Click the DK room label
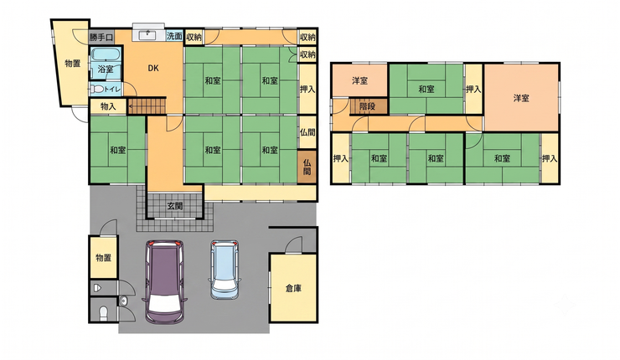tap(153, 68)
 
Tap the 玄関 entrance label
tap(175, 206)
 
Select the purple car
tap(164, 281)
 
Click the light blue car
tap(225, 269)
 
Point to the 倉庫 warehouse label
tap(293, 289)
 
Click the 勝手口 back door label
tap(101, 38)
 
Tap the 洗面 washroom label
tap(174, 36)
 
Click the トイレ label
tap(112, 90)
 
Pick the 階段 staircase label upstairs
tap(367, 106)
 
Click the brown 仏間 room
tap(307, 167)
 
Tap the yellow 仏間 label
tap(307, 132)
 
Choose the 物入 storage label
tap(108, 106)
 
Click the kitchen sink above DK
tap(149, 35)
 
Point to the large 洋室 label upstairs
tap(521, 98)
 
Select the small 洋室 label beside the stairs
tap(359, 80)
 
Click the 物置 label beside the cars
tap(103, 258)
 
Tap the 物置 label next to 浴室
tap(73, 64)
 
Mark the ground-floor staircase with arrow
tap(147, 105)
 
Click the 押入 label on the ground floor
tap(307, 90)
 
